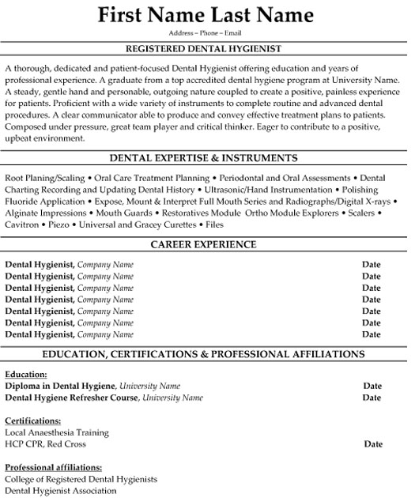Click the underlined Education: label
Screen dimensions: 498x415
tap(26, 374)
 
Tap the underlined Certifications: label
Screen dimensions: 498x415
tap(33, 421)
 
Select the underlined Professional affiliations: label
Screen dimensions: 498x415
tap(53, 467)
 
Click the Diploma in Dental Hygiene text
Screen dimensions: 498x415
tap(61, 386)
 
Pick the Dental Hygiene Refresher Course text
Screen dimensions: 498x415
tap(72, 398)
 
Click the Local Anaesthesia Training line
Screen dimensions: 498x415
tap(57, 432)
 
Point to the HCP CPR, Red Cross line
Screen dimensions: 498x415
tap(46, 444)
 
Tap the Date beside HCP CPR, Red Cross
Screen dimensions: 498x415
tap(373, 444)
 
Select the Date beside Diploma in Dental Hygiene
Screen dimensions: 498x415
tap(372, 386)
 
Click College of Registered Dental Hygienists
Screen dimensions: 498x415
tap(81, 479)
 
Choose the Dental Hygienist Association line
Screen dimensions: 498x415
tap(61, 491)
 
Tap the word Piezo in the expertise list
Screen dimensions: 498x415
tap(59, 225)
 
